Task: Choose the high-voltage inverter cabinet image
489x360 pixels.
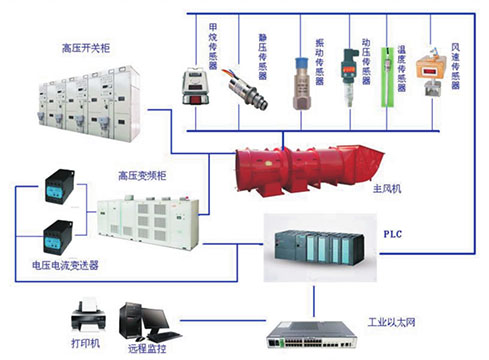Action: coord(150,227)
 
